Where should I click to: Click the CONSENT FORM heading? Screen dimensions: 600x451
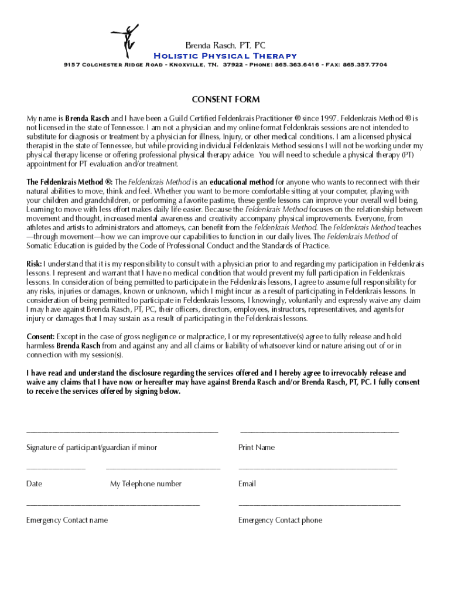[x=225, y=100]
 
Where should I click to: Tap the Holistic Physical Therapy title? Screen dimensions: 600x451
[x=225, y=56]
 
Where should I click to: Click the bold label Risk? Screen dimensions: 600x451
[x=34, y=264]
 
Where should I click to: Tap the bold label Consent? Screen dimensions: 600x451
[x=41, y=336]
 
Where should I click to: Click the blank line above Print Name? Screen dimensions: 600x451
[x=319, y=432]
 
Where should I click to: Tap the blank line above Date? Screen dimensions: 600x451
[x=56, y=469]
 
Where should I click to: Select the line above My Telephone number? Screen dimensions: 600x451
[x=163, y=469]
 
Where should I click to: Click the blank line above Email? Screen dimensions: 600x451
[x=317, y=469]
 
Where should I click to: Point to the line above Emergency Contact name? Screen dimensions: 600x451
[x=113, y=504]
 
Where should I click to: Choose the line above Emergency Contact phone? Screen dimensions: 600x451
[x=319, y=504]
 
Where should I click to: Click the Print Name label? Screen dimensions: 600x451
[x=257, y=448]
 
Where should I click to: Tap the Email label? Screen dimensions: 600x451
[x=247, y=484]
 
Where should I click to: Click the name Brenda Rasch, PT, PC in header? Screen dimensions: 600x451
[x=225, y=45]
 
